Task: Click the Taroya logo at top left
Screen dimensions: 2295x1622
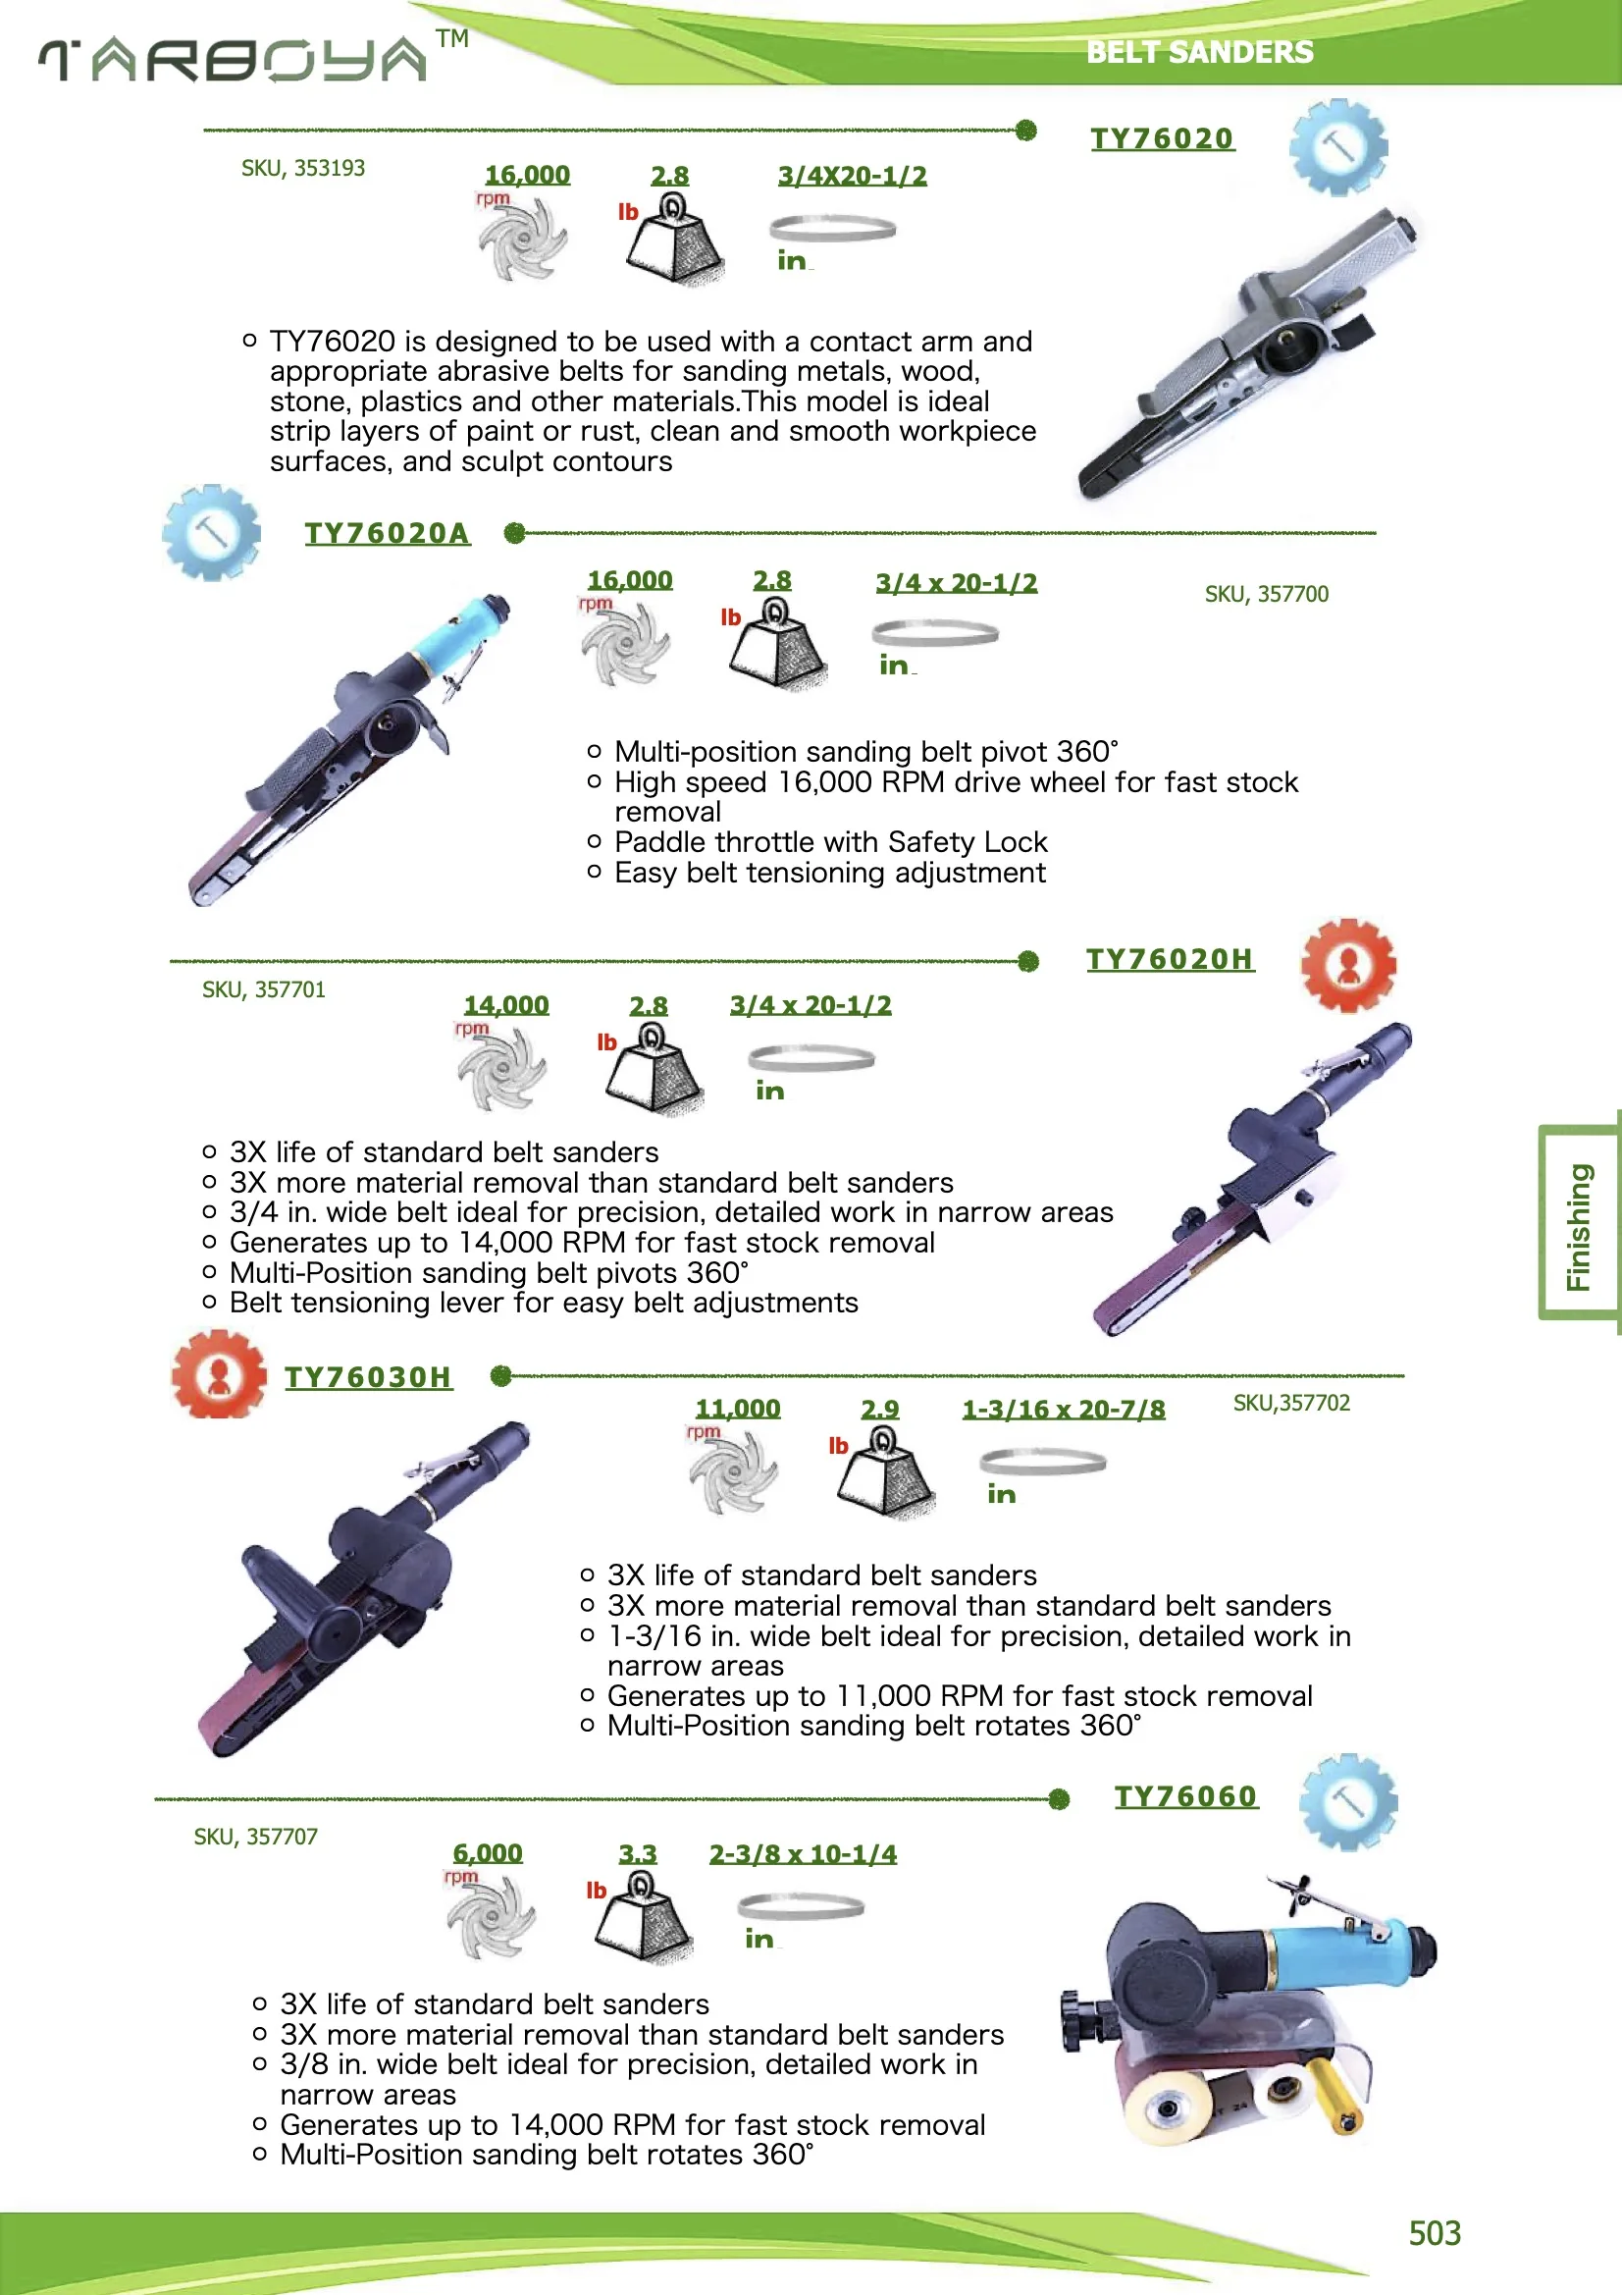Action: coord(232,60)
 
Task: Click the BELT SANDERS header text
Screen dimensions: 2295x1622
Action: coord(1199,52)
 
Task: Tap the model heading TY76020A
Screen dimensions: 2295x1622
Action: coord(387,533)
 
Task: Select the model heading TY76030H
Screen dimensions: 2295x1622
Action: coord(368,1376)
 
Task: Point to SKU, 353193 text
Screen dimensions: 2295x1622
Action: coord(303,168)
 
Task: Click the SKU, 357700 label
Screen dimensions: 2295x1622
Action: coord(1266,594)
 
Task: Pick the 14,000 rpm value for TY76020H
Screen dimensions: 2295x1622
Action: coord(505,1004)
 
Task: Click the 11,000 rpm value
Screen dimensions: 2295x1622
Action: coord(738,1409)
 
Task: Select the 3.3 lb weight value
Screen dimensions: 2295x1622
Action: coord(638,1853)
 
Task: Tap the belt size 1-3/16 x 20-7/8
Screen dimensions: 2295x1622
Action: coord(1064,1410)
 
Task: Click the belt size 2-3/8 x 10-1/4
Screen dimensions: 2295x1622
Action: coord(803,1853)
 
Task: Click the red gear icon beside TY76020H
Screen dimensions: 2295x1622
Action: coord(1348,965)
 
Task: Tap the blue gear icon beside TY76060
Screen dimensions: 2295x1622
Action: coord(1348,1801)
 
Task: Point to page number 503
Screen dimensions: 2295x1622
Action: coord(1435,2233)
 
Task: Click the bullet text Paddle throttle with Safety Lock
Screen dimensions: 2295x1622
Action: coord(830,841)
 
